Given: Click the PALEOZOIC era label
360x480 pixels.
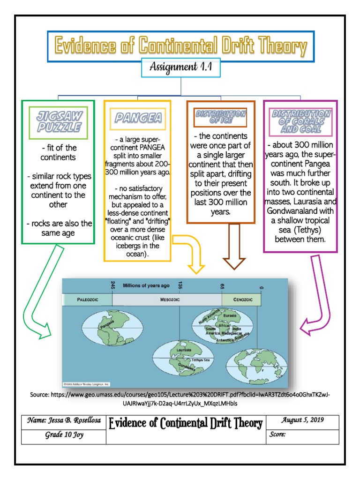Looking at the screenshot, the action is (x=88, y=300).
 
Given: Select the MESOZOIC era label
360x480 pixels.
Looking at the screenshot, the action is (x=167, y=300).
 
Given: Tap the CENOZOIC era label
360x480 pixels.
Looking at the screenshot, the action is (x=241, y=300).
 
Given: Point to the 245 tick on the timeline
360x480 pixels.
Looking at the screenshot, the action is (x=112, y=285).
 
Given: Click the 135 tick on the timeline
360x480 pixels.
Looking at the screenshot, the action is (x=180, y=285).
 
